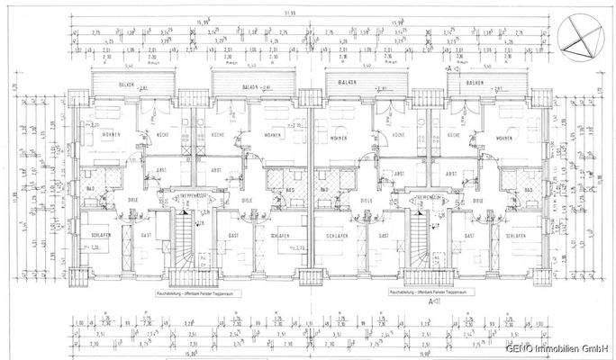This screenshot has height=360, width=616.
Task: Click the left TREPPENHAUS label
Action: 181,194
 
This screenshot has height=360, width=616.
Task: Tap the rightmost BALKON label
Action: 475,83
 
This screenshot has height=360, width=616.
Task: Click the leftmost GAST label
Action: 145,236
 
